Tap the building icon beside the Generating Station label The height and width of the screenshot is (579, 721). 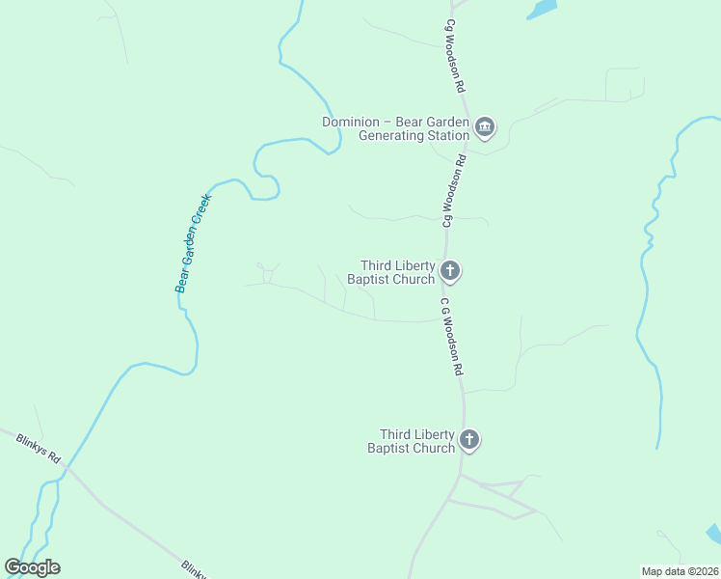(485, 127)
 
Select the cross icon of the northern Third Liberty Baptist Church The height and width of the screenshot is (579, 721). (450, 271)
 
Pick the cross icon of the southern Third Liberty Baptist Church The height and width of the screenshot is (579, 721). (469, 440)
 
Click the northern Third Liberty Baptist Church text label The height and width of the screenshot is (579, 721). (397, 272)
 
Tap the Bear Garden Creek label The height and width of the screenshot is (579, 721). (193, 242)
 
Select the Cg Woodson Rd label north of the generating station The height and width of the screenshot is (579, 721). (456, 55)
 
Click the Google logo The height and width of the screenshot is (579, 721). (32, 567)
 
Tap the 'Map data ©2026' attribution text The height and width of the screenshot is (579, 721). (679, 570)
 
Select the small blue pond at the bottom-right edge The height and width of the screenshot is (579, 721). (713, 534)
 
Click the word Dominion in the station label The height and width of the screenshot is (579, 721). (352, 122)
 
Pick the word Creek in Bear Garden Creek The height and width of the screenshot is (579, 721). (201, 208)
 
